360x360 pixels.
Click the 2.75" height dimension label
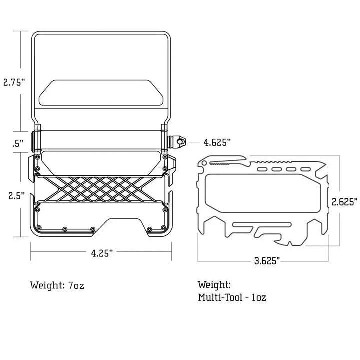14,82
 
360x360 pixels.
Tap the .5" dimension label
18,144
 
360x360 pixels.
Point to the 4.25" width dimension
102,253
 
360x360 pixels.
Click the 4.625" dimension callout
217,142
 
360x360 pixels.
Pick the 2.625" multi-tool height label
344,202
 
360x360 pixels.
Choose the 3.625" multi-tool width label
267,261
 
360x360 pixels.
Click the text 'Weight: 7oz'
57,285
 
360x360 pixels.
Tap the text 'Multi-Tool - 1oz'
232,297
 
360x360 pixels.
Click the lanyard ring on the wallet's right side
181,142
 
